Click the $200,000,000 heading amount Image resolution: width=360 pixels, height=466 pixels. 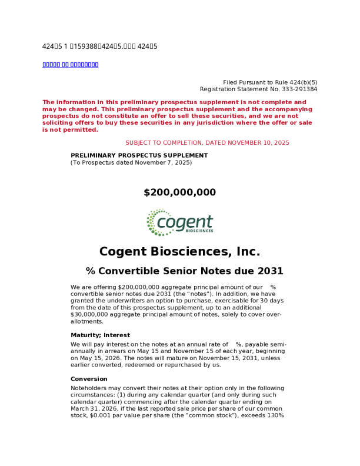click(x=180, y=192)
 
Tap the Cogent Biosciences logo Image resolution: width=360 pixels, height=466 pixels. click(x=180, y=222)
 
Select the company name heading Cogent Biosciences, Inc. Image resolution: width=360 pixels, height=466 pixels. click(x=180, y=252)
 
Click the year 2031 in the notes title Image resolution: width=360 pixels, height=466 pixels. click(x=270, y=271)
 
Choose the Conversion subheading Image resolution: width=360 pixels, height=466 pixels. click(x=89, y=379)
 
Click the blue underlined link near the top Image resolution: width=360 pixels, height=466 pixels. click(x=71, y=64)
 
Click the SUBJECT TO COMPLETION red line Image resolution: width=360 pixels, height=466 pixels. click(x=207, y=143)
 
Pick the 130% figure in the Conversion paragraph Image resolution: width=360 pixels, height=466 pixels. click(x=276, y=415)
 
